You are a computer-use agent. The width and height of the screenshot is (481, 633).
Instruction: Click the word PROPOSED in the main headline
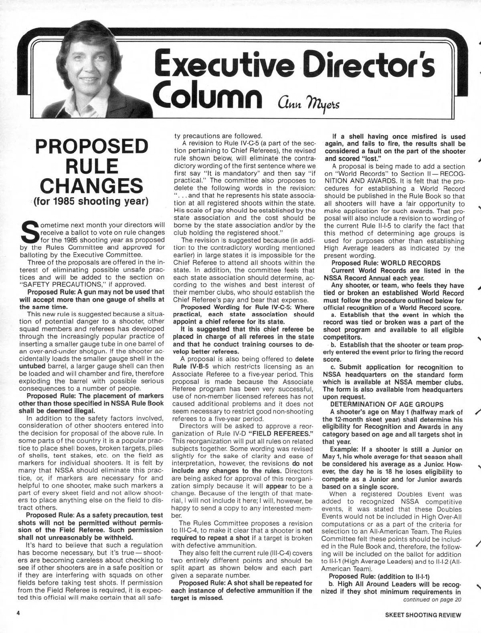click(x=92, y=147)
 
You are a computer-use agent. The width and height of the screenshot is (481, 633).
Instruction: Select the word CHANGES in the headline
click(x=92, y=185)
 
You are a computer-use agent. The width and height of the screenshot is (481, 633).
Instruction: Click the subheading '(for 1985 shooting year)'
click(x=92, y=201)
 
